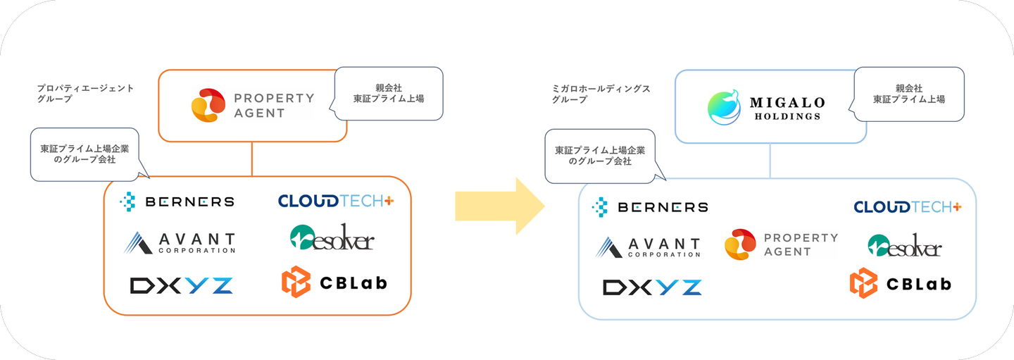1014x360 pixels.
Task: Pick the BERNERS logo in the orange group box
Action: (177, 201)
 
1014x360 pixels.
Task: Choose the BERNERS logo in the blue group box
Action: (650, 206)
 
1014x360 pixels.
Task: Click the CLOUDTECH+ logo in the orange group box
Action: (336, 201)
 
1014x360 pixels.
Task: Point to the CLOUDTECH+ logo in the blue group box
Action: (908, 206)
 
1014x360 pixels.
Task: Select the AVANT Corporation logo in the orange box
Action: (180, 242)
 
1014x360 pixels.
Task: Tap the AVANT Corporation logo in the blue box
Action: (648, 247)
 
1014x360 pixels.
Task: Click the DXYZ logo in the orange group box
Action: (182, 285)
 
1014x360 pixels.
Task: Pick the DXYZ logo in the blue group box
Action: (652, 287)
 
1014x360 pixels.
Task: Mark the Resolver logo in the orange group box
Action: (332, 238)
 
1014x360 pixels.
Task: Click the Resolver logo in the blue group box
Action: (904, 245)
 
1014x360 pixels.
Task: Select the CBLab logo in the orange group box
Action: (334, 283)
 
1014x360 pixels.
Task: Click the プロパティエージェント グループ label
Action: (85, 94)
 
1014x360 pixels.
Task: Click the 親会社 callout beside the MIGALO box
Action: (908, 94)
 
